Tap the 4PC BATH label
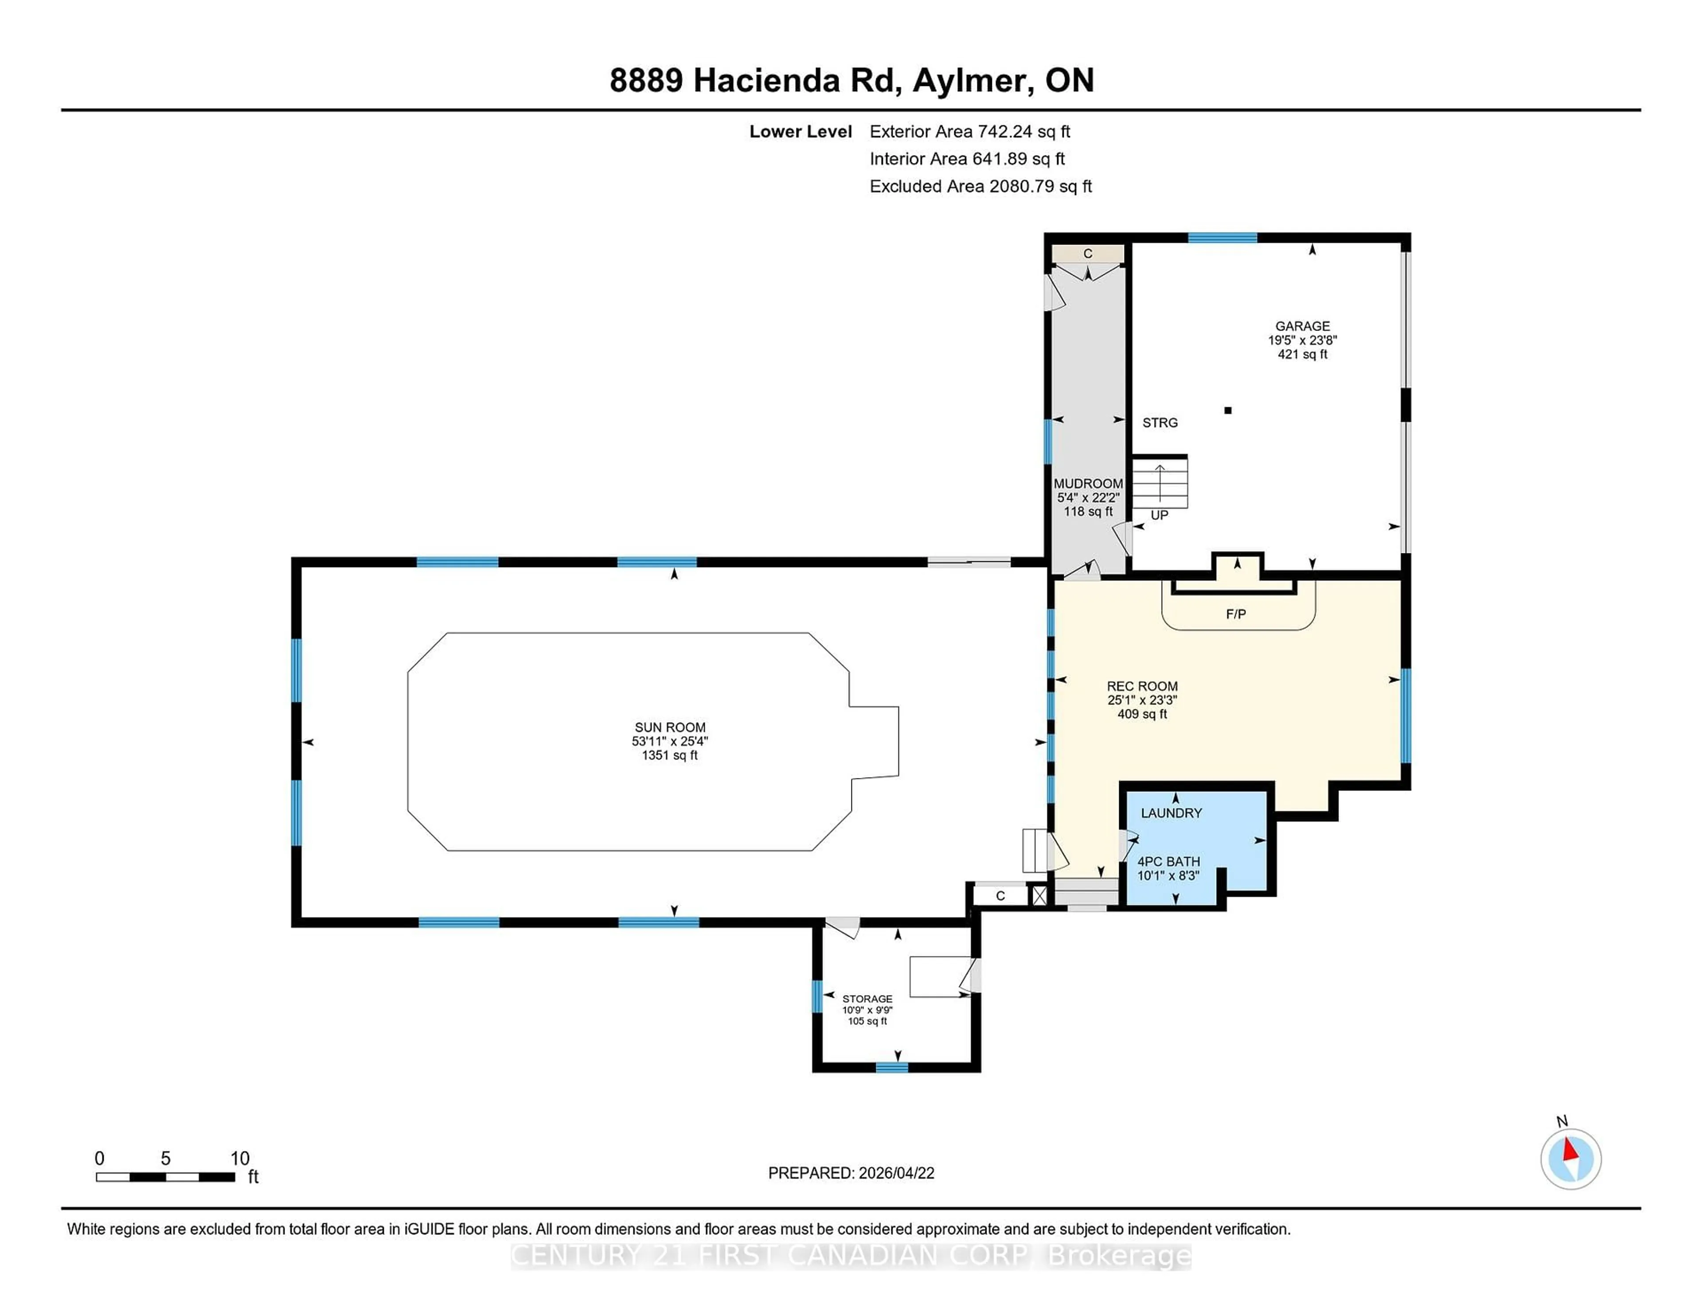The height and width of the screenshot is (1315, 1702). (1168, 862)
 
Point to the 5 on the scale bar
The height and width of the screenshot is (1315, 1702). (165, 1159)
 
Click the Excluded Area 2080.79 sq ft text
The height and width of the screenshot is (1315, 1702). (980, 186)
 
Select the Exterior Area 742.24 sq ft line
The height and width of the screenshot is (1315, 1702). (969, 132)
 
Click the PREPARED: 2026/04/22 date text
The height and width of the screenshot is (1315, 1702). (851, 1173)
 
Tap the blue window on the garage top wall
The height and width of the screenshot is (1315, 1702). (1222, 237)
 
